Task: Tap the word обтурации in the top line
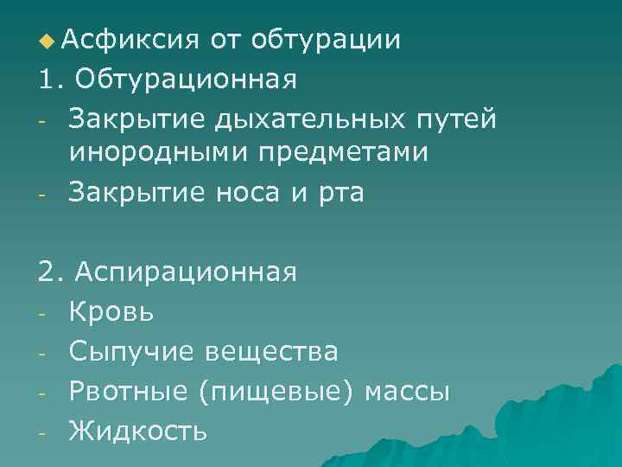(326, 40)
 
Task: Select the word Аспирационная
(186, 272)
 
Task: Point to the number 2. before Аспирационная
(51, 272)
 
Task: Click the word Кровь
(111, 311)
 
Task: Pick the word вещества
(271, 350)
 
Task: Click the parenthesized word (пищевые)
(277, 390)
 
